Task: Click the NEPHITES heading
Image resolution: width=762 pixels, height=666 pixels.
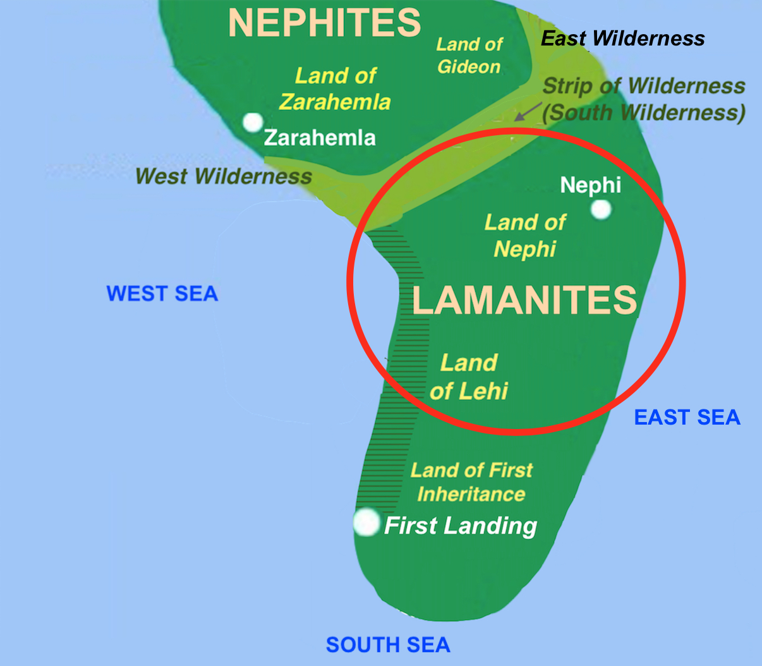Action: (324, 23)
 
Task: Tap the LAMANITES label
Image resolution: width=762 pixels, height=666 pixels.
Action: (524, 300)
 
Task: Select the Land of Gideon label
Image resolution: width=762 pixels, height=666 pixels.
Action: (469, 56)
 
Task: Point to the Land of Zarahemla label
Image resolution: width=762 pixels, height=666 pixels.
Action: (336, 88)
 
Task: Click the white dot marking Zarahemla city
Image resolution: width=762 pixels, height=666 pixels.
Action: (253, 122)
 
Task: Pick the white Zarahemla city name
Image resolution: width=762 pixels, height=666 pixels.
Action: (320, 138)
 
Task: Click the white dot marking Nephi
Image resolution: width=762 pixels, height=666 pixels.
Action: (601, 209)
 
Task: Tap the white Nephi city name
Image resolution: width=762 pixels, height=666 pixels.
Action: (591, 185)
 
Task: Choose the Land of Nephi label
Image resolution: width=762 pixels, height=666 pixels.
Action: (525, 235)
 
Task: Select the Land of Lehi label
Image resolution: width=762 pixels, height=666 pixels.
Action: (469, 377)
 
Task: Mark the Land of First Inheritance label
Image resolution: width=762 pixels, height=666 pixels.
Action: (471, 482)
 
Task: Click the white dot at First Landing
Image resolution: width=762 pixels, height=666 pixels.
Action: (366, 523)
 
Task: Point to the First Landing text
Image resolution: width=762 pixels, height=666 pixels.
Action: (461, 526)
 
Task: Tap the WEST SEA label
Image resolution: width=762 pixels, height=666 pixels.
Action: (162, 294)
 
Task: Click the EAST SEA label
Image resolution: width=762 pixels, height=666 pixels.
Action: (687, 418)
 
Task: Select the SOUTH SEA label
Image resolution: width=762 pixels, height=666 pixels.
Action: (388, 645)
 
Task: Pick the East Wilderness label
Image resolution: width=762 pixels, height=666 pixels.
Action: (623, 39)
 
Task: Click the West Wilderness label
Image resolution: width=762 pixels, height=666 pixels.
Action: (224, 176)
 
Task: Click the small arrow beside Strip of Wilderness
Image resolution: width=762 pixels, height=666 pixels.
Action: (526, 112)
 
